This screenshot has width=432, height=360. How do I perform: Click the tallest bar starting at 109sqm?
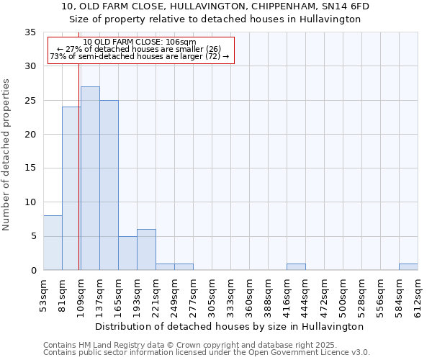click(x=90, y=179)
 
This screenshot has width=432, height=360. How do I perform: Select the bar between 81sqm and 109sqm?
click(x=71, y=189)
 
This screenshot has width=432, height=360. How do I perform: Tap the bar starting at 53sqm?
click(x=53, y=243)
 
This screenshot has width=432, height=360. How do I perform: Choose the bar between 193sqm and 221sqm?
click(x=146, y=249)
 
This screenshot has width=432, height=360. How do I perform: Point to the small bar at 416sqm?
click(x=296, y=266)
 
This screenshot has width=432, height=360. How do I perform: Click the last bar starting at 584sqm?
click(x=408, y=266)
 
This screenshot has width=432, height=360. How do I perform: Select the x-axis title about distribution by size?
click(x=230, y=326)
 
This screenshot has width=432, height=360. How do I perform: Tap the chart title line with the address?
click(x=215, y=6)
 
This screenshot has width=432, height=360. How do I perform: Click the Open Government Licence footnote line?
click(x=207, y=353)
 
